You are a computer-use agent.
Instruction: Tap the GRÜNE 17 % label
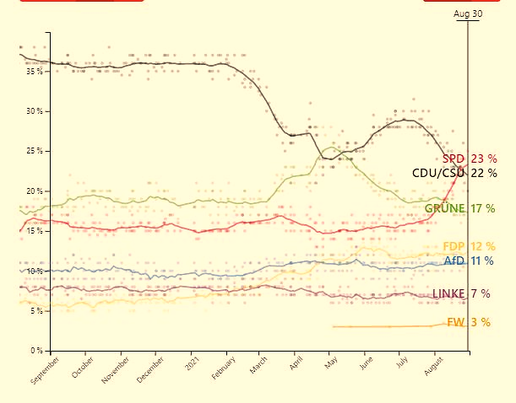click(459, 208)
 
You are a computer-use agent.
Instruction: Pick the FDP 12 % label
click(469, 246)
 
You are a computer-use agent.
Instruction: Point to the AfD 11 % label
click(468, 261)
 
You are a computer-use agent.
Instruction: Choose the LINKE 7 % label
click(461, 293)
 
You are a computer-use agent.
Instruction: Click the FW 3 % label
click(468, 322)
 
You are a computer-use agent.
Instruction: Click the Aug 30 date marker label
click(468, 13)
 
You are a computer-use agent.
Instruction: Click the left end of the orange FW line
click(333, 326)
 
